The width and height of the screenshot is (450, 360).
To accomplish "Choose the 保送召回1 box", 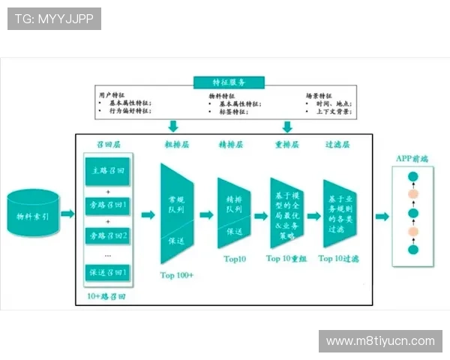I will [x=106, y=271].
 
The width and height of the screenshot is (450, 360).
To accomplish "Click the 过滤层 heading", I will [x=337, y=143].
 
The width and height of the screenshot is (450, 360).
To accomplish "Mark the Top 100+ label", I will [x=177, y=275].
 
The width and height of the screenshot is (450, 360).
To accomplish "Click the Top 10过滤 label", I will [x=339, y=259].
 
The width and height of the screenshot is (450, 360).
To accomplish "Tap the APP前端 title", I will [x=412, y=158].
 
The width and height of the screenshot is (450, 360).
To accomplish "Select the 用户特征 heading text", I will [x=109, y=95].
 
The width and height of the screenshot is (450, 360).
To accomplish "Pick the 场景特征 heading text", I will [x=319, y=96].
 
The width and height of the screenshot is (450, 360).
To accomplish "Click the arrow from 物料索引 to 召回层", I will [x=67, y=214].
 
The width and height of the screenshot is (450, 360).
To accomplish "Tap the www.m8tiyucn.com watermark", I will [x=380, y=341].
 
